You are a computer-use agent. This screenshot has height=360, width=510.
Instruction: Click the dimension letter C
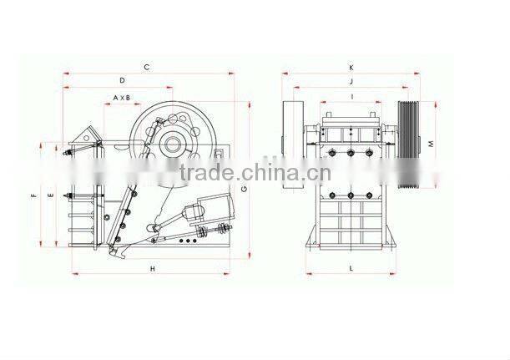click(147, 68)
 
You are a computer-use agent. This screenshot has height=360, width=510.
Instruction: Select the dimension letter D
click(123, 80)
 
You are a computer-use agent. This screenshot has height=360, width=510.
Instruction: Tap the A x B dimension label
click(122, 98)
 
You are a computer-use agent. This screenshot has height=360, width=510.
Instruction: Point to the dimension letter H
click(153, 269)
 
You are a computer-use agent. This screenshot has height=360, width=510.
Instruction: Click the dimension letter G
click(245, 189)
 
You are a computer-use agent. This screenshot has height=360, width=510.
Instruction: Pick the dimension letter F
click(34, 195)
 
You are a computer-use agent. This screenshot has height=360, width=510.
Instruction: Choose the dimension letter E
click(50, 195)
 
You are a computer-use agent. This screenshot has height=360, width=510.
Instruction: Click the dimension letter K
click(351, 68)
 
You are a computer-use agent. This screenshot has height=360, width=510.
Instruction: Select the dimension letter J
click(351, 81)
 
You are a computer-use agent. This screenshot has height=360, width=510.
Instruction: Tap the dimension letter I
click(352, 97)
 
